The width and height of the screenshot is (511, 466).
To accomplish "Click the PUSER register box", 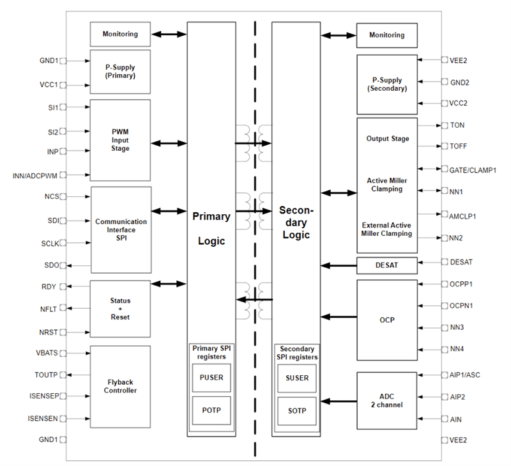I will (x=211, y=377).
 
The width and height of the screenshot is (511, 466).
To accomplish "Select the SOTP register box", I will (x=297, y=410).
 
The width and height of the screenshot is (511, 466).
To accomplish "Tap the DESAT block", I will (x=386, y=265).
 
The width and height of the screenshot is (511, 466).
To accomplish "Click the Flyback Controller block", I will (x=120, y=385).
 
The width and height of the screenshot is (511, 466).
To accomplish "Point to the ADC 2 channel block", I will (x=386, y=401).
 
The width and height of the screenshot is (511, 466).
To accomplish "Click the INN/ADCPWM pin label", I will (x=35, y=175).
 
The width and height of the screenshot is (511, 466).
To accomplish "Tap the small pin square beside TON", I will (x=444, y=125).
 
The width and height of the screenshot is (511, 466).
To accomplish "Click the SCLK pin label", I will (x=49, y=243).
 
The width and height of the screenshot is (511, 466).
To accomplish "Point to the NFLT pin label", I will (x=49, y=309).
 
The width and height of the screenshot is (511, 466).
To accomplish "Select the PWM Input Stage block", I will (x=120, y=139).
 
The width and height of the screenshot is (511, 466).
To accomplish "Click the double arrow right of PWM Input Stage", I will (x=169, y=143).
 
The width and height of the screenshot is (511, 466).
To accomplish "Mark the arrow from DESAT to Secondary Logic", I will (x=339, y=265).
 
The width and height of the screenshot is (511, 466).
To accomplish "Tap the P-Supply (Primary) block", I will (x=120, y=70).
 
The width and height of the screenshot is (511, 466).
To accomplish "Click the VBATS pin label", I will (x=47, y=353).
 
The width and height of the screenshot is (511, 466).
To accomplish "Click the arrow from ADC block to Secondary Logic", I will (x=339, y=401).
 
